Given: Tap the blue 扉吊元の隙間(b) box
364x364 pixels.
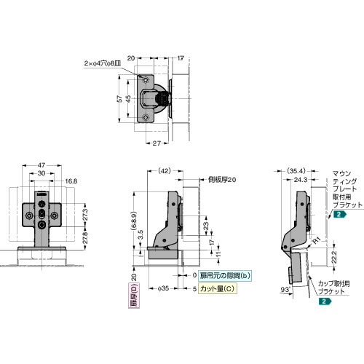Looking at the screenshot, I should [x=226, y=275].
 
